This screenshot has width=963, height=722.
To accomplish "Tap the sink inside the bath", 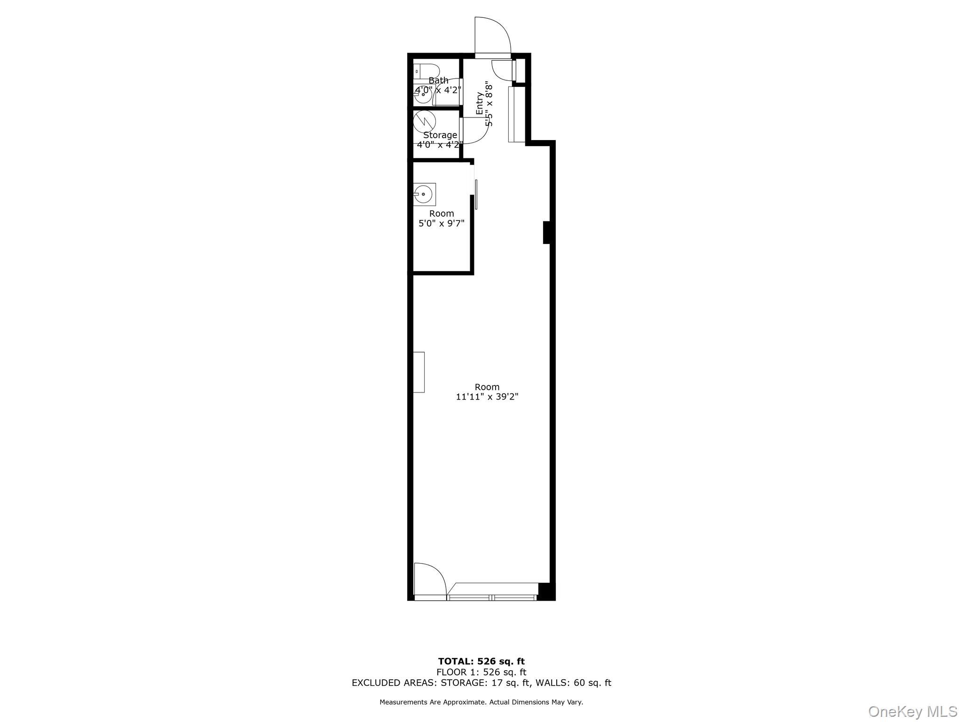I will [x=423, y=94].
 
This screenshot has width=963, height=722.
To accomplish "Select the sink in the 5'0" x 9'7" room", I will [x=424, y=194].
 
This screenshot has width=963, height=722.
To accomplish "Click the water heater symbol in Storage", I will [x=425, y=121].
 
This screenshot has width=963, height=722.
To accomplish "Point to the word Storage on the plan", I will [x=440, y=135].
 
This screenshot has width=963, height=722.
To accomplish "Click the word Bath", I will [x=438, y=80].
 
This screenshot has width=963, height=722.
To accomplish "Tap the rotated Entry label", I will [x=480, y=103].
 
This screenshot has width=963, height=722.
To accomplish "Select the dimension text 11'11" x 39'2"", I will [x=487, y=397].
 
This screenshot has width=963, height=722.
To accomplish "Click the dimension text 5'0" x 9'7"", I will [x=442, y=223].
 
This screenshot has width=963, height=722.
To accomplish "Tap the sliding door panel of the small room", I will [x=476, y=194].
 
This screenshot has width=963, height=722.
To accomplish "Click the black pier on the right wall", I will [x=546, y=232].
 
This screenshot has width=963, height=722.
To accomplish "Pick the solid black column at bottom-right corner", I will [x=546, y=591].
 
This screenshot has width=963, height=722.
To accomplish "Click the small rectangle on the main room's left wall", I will [x=418, y=372].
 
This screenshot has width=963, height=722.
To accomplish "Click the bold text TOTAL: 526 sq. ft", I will [x=481, y=662].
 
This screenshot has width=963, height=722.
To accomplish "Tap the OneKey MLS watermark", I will [x=912, y=711].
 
